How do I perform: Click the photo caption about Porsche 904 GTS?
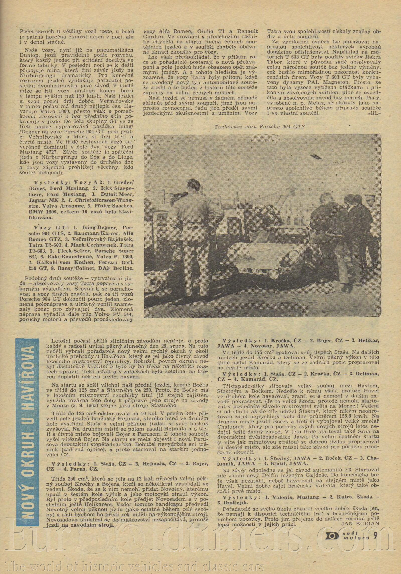259,127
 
